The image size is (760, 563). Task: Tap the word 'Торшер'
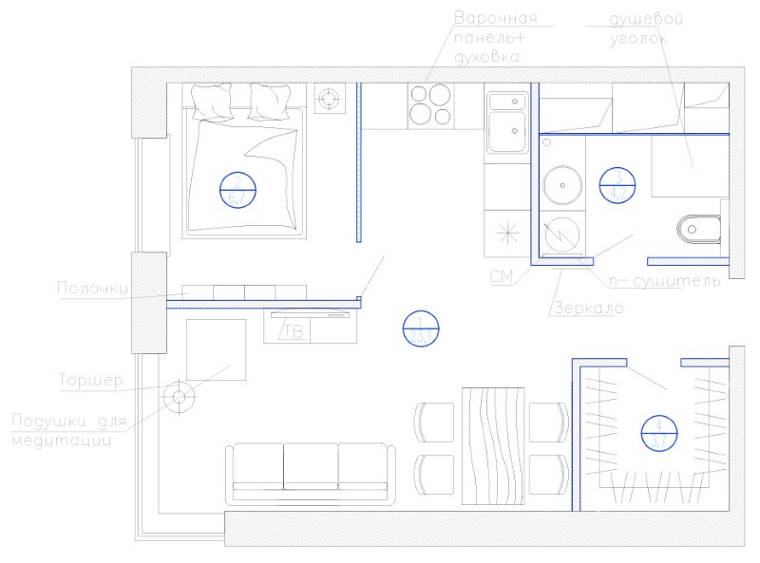click(92, 382)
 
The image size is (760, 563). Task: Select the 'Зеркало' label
click(586, 309)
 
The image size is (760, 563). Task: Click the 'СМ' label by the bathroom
click(502, 276)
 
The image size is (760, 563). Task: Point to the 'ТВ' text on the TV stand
click(293, 331)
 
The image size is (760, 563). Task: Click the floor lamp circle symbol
click(178, 397)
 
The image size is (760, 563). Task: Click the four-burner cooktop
click(431, 106)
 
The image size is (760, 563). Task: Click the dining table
click(494, 445)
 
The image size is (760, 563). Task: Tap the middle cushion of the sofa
click(311, 468)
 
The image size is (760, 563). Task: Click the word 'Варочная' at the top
click(496, 18)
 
